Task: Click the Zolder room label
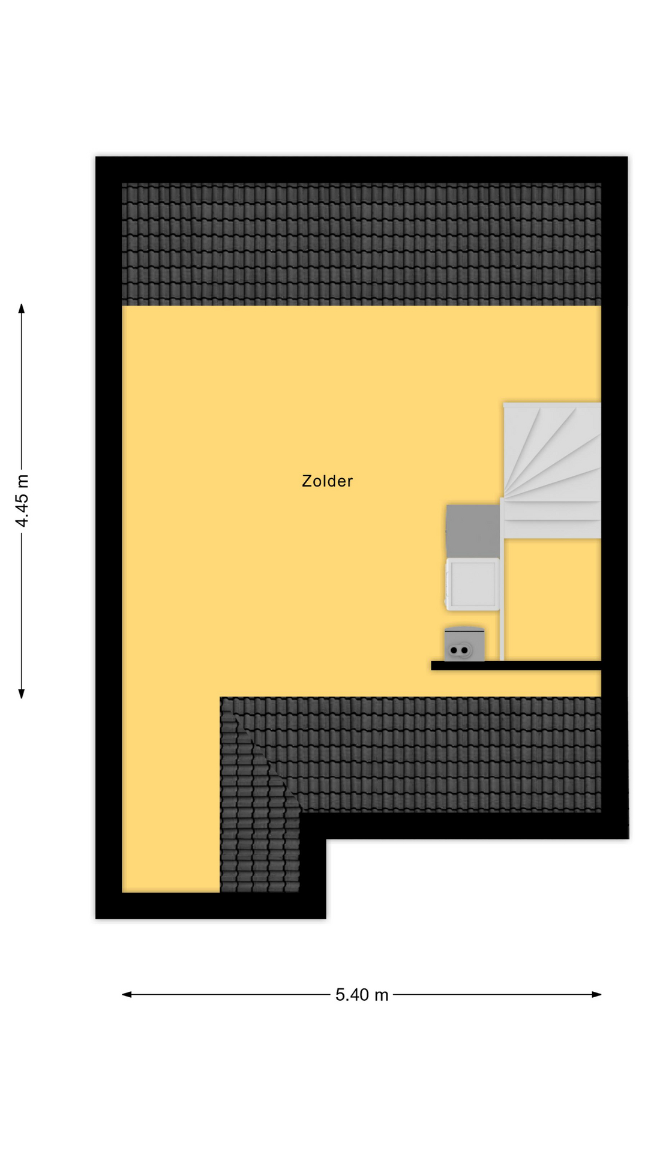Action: tap(327, 481)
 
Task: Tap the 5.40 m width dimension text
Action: tap(362, 995)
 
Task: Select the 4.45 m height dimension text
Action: tap(22, 500)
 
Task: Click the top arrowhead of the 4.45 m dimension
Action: tap(22, 308)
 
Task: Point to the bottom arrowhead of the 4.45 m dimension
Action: tap(22, 694)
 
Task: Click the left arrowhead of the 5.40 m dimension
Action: tap(127, 994)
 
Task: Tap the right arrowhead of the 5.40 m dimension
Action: tap(596, 994)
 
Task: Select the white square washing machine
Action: tap(473, 584)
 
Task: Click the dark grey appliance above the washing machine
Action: tap(473, 531)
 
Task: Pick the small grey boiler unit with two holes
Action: tap(464, 644)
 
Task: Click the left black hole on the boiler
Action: tap(454, 650)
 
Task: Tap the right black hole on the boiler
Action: tap(464, 650)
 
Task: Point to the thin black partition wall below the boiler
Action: tap(516, 665)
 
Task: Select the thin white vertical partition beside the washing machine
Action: tap(502, 579)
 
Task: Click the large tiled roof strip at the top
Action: tap(361, 244)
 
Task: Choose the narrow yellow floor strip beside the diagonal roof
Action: tap(171, 792)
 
